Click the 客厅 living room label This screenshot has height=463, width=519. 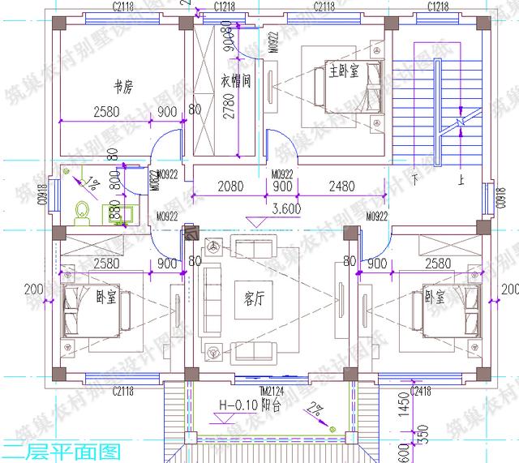coord(255,298)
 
